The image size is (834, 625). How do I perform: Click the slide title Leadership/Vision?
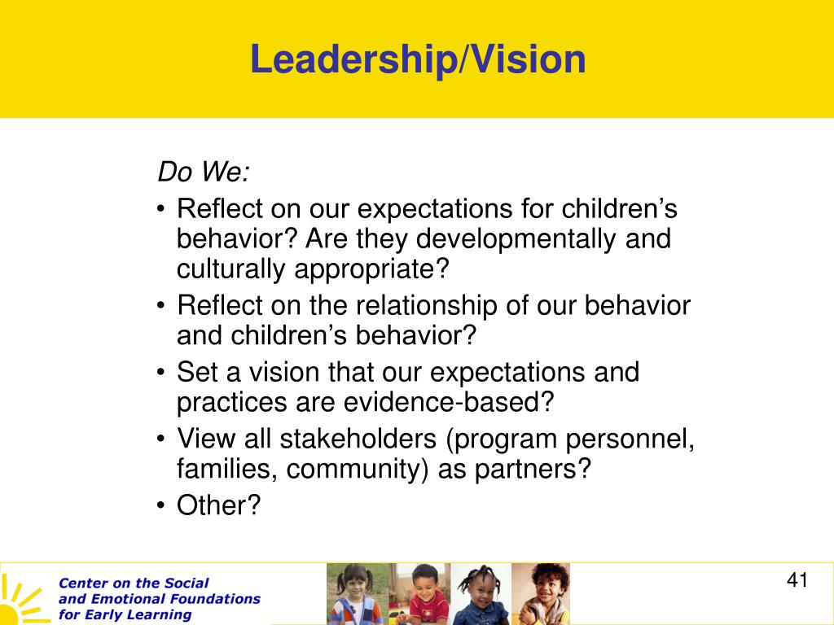pyautogui.click(x=418, y=59)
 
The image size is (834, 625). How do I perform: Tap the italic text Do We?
pyautogui.click(x=203, y=173)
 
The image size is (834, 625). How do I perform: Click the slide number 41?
pyautogui.click(x=797, y=579)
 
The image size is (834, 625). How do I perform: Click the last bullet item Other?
pyautogui.click(x=218, y=505)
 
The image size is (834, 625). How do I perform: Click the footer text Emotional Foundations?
pyautogui.click(x=176, y=599)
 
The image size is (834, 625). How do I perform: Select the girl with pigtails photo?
pyautogui.click(x=357, y=593)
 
